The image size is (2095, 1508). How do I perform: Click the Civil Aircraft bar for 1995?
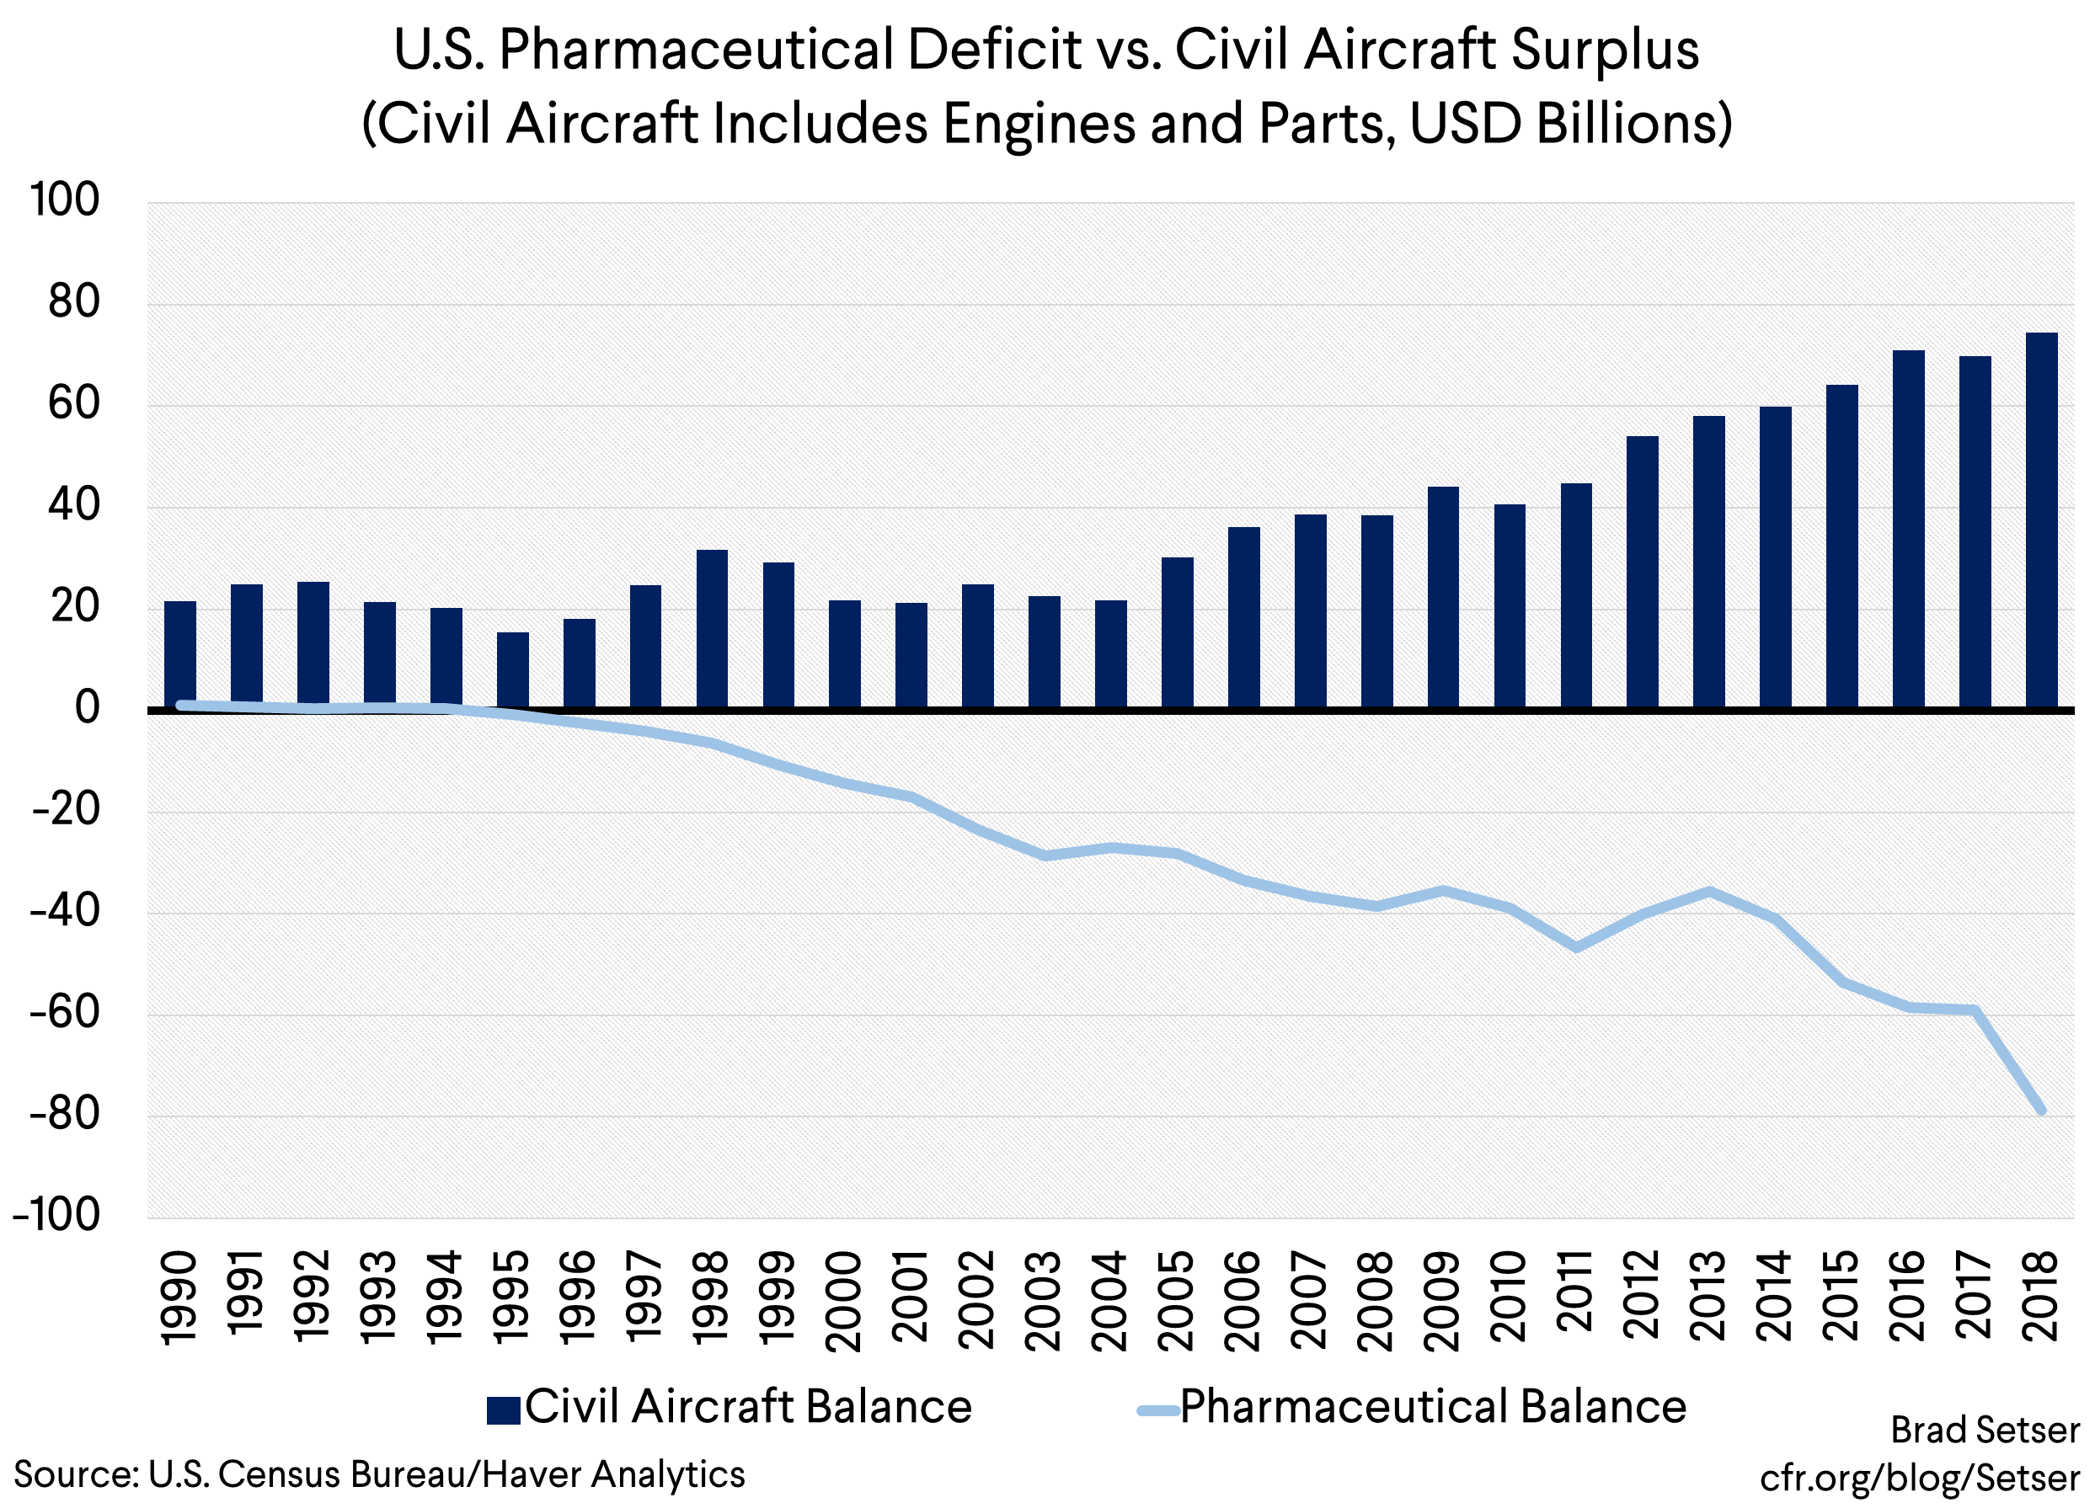click(513, 670)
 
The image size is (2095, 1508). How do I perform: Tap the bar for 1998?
click(712, 629)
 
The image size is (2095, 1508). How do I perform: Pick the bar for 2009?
click(1443, 598)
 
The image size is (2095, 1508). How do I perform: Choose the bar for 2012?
click(1643, 572)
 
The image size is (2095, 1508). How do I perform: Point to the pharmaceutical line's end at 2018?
click(2042, 1111)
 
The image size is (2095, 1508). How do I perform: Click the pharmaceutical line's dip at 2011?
click(1576, 947)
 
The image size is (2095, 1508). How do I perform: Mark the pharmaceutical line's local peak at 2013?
click(1709, 891)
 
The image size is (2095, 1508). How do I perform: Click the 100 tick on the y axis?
click(65, 200)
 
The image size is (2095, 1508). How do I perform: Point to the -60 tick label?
click(65, 1013)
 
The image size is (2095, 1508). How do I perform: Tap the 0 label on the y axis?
click(87, 708)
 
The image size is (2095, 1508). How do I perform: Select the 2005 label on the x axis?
click(1177, 1300)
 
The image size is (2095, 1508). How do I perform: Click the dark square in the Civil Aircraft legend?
click(504, 1410)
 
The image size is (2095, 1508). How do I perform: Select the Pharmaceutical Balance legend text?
click(1433, 1406)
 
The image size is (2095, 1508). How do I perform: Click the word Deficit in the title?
click(992, 51)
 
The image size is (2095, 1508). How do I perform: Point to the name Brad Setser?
click(1984, 1431)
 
